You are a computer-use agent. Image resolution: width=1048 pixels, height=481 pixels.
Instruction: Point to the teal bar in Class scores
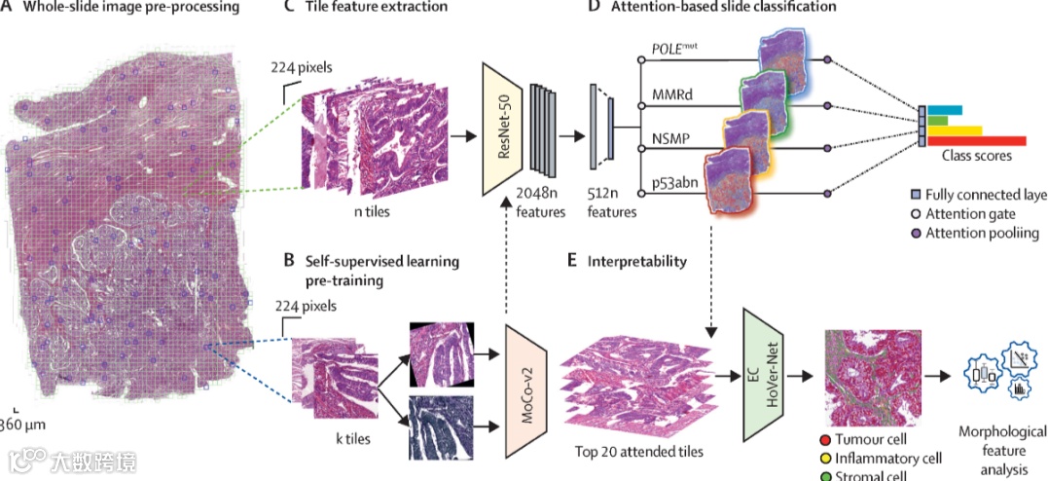944,108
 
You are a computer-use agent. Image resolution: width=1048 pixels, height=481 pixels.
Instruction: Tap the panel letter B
287,261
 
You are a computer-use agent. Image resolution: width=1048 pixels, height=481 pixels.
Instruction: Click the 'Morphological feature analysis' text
1002,450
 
